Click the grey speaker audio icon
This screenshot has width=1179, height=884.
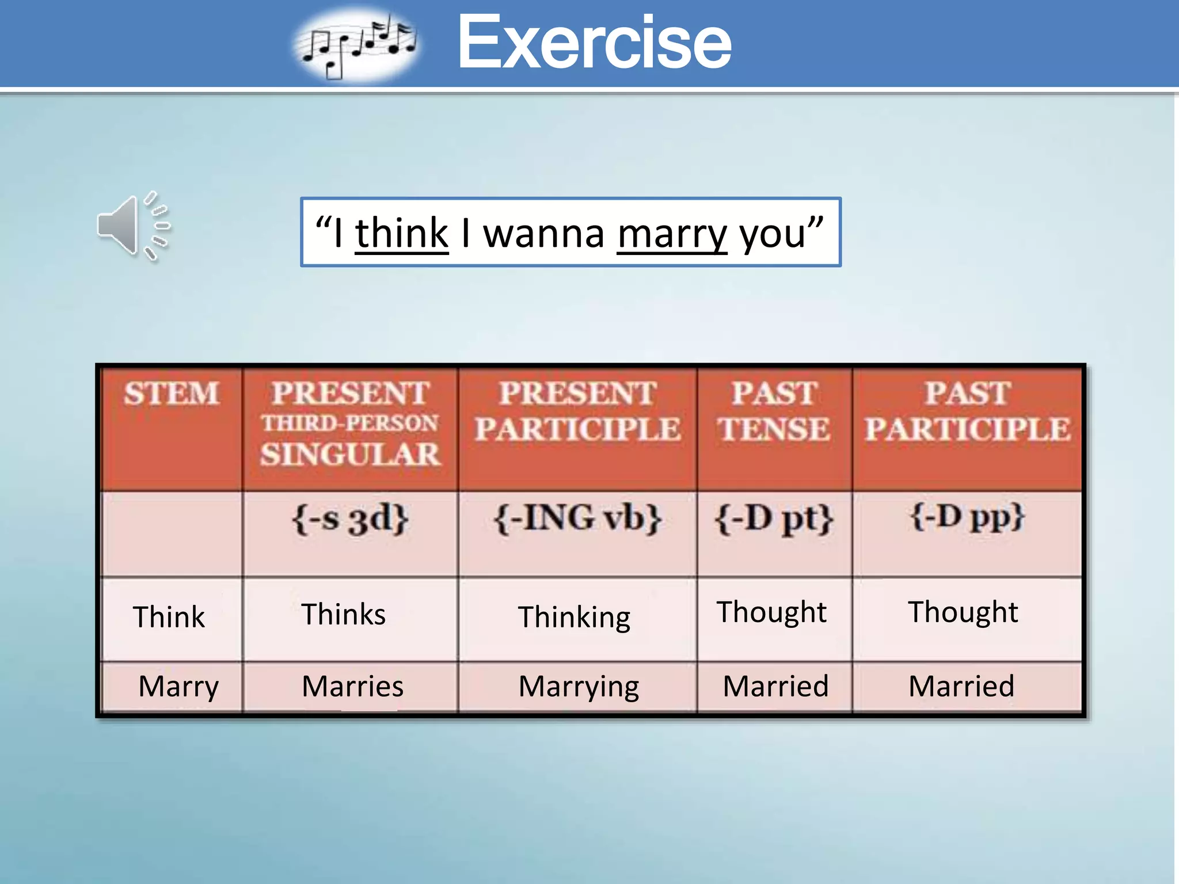[134, 226]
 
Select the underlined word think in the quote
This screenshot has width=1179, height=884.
[401, 234]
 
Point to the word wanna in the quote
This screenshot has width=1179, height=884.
[543, 234]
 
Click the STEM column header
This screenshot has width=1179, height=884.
[171, 394]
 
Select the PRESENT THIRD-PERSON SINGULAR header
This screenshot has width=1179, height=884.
[350, 424]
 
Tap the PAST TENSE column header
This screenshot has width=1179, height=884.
[774, 411]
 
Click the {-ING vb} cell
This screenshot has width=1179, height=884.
[577, 518]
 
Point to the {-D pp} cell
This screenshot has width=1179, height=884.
[967, 516]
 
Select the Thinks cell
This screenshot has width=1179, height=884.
[344, 614]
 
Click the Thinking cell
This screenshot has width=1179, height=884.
[574, 617]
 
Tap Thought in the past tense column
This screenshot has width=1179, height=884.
[771, 612]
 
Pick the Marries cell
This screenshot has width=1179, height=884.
[352, 686]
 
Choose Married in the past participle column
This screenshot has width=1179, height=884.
[961, 686]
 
